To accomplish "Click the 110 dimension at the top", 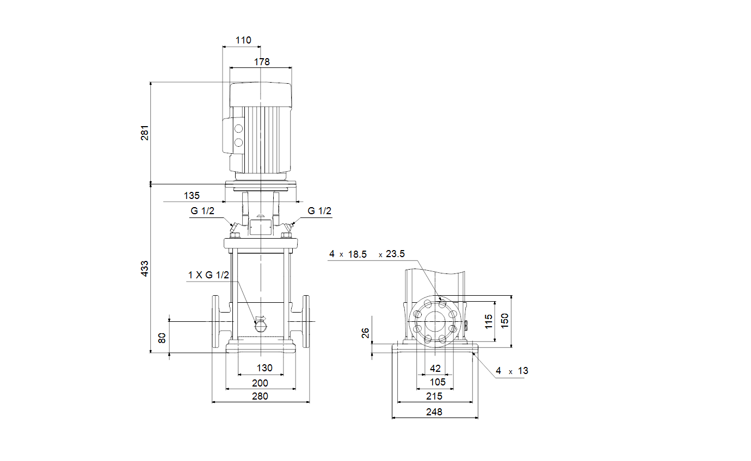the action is (x=243, y=40).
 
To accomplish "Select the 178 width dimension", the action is (x=262, y=62).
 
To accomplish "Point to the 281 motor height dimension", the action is (x=145, y=133).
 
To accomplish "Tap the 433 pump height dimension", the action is (x=145, y=269).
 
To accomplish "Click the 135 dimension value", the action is (x=192, y=196).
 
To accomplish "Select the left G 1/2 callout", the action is (x=202, y=211).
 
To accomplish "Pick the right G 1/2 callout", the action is (x=319, y=211).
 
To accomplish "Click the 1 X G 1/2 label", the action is (x=208, y=275).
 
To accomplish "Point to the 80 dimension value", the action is (x=162, y=338).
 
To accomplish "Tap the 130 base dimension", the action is (x=264, y=368).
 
